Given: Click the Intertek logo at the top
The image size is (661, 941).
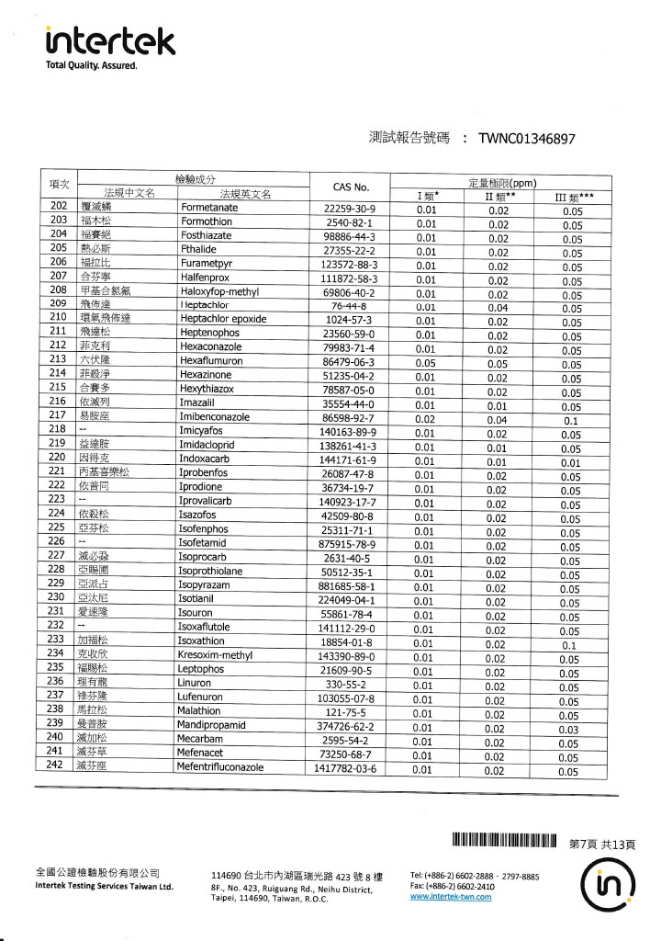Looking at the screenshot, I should (110, 40).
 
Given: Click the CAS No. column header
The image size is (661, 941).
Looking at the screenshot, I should (349, 187).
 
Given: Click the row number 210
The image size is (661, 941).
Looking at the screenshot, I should (58, 319).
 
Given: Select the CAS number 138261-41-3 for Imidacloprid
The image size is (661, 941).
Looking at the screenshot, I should (348, 446).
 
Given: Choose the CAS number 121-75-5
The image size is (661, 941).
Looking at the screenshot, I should (348, 713).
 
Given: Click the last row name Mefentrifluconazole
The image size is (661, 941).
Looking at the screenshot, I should (233, 768).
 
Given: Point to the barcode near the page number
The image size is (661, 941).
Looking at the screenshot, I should (504, 842).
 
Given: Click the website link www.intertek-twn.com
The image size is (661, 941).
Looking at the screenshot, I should (451, 897).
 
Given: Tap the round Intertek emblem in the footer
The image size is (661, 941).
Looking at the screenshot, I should (608, 884).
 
